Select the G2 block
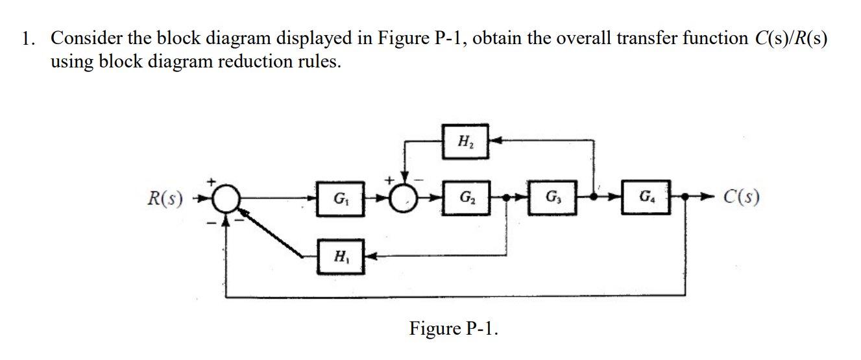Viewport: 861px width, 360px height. (466, 197)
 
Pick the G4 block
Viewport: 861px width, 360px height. (646, 197)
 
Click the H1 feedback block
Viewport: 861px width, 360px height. (339, 256)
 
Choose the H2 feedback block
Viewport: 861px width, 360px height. (465, 140)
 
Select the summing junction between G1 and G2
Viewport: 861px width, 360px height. (407, 197)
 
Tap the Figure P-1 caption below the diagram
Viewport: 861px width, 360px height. (454, 328)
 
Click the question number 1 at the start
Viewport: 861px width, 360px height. (27, 38)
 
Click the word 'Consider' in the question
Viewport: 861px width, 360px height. (86, 38)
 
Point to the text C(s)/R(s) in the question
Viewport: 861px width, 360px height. (791, 38)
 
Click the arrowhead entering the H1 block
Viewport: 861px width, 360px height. (369, 256)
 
